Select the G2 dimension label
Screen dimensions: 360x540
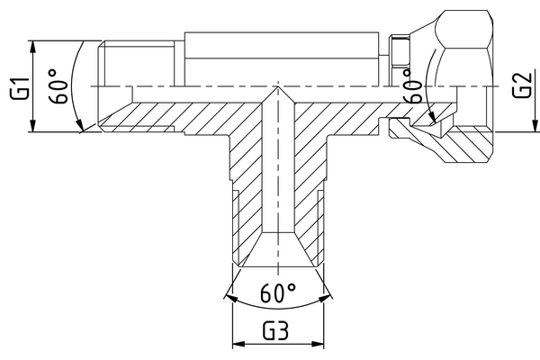(x=519, y=86)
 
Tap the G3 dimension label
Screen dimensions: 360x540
(x=276, y=329)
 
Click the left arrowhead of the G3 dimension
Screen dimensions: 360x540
(x=238, y=344)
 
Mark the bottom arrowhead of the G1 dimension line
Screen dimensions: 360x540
(x=32, y=128)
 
